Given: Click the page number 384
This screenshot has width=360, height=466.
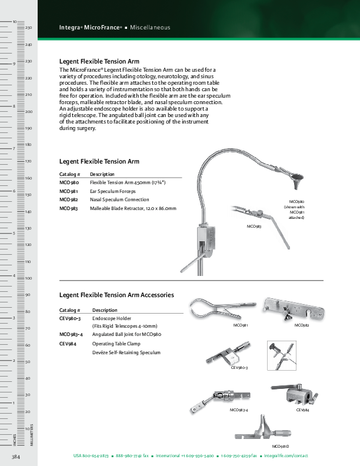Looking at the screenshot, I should pyautogui.click(x=16, y=457).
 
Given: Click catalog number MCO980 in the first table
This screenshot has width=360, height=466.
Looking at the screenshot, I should pyautogui.click(x=69, y=183).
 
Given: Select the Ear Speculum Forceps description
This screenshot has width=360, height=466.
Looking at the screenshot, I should pyautogui.click(x=112, y=191).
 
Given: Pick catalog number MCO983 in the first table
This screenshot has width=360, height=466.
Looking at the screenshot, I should pyautogui.click(x=69, y=208).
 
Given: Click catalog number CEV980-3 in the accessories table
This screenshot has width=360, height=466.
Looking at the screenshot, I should pyautogui.click(x=70, y=318).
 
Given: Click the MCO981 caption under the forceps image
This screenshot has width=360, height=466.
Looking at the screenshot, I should pyautogui.click(x=241, y=325).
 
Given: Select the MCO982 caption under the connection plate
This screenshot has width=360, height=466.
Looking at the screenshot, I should pyautogui.click(x=302, y=325).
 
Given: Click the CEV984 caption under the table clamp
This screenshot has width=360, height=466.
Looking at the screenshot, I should pyautogui.click(x=303, y=410).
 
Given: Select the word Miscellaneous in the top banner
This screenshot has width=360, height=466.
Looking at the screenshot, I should pyautogui.click(x=150, y=28).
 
